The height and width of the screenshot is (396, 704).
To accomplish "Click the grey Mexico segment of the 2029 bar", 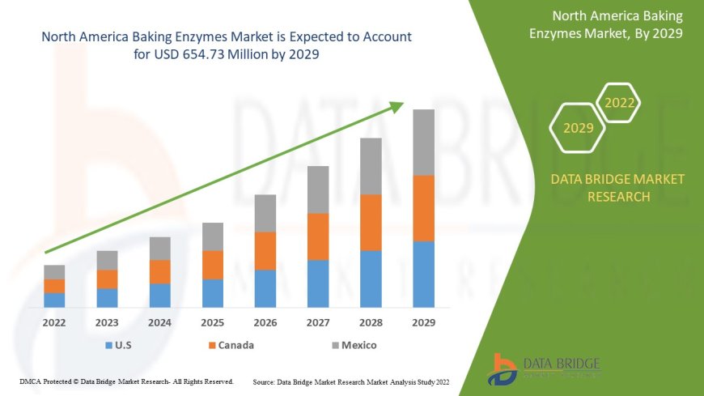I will click(423, 142).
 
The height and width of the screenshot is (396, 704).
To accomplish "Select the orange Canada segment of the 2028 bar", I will click(371, 222).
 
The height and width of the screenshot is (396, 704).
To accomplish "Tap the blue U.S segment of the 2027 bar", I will click(318, 283).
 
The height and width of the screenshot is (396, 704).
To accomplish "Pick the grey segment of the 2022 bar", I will click(54, 272).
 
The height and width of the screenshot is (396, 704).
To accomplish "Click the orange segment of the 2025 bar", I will click(213, 265).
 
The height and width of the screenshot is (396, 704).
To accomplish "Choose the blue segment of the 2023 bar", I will click(107, 297).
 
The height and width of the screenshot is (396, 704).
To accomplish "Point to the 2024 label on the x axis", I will click(160, 322).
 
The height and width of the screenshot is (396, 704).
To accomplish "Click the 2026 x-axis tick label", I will click(265, 322).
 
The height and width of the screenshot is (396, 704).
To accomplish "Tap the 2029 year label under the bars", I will click(423, 322).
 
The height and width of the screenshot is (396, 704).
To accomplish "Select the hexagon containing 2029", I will click(578, 128).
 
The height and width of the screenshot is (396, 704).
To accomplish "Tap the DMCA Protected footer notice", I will click(126, 381).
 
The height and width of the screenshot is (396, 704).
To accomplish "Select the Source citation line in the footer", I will click(350, 381).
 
